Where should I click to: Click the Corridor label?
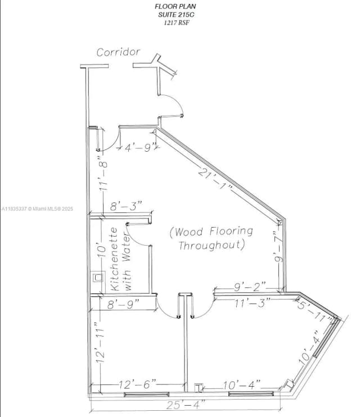[118, 52]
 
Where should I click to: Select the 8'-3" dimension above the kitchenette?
[126, 206]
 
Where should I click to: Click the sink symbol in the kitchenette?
[98, 277]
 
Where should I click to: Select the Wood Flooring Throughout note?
[211, 238]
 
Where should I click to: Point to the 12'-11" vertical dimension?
[101, 343]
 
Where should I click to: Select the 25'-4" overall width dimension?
[186, 404]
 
